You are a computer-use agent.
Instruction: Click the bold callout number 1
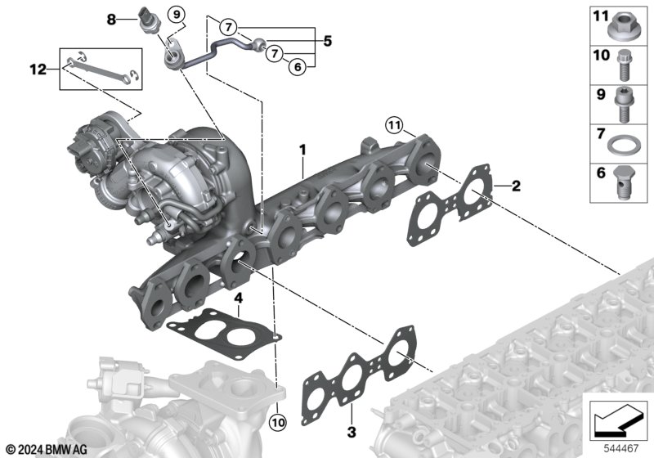302,150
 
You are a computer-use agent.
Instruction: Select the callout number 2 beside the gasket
516,186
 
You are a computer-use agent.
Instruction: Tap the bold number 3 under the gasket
352,432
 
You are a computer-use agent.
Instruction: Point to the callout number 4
238,299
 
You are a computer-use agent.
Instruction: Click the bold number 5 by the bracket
328,41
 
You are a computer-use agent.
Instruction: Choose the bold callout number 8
111,19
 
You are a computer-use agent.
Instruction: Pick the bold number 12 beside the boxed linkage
38,70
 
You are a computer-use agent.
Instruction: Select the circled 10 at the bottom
278,423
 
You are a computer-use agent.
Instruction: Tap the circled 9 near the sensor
177,15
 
